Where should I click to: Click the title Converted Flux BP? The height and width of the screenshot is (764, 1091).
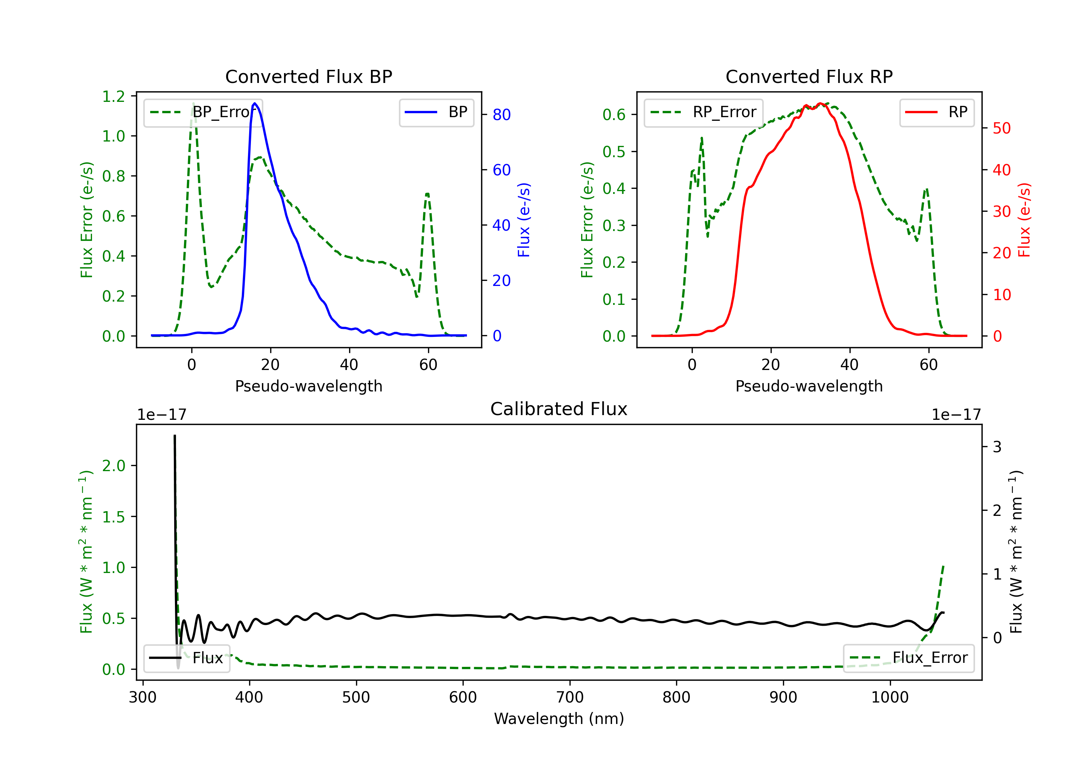click(308, 76)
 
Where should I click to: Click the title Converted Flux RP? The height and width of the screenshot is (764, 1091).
click(809, 76)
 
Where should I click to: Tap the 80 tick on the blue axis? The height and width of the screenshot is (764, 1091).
click(501, 115)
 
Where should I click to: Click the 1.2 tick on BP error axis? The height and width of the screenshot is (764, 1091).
click(113, 96)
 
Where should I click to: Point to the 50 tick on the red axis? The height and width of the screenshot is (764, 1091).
click(1002, 128)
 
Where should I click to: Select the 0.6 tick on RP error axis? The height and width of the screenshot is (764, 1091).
click(614, 115)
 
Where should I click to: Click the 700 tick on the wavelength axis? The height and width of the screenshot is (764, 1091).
click(570, 697)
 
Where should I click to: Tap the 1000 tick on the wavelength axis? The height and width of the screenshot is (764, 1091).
click(890, 697)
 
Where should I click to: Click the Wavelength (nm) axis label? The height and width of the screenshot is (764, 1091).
click(559, 719)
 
